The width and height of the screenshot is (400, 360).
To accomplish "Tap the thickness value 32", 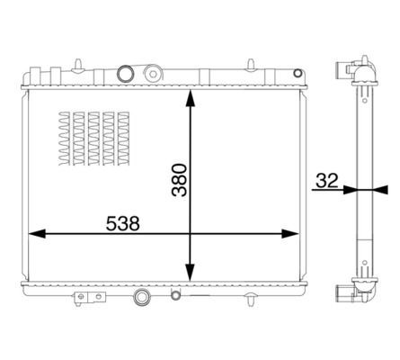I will pos(325,180).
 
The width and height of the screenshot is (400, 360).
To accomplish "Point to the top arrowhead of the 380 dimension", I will pos(190,97).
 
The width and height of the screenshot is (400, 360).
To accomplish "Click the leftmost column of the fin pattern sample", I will pos(62,140).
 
